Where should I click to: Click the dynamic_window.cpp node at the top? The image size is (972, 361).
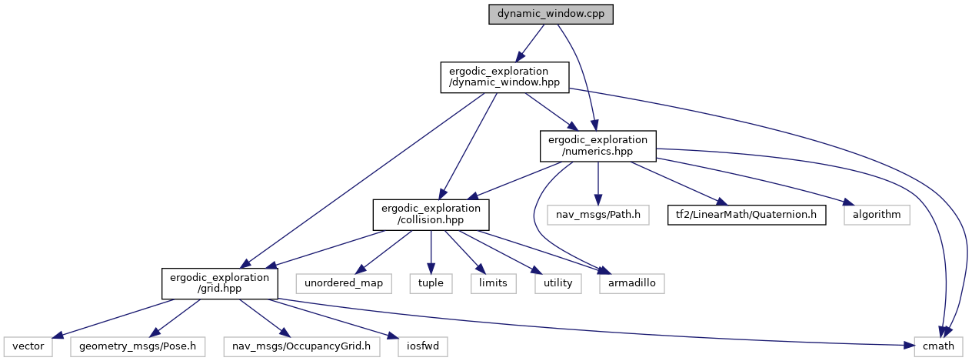[x=551, y=15]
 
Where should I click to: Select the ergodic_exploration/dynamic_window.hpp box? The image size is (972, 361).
[x=504, y=77]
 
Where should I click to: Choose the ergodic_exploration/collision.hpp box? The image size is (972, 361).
[x=431, y=215]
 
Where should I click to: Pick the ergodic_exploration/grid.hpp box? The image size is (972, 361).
[x=219, y=283]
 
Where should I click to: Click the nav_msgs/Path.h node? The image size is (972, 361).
[x=598, y=215]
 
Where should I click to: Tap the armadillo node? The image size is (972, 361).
[x=631, y=283]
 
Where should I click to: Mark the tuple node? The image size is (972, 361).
[x=431, y=283]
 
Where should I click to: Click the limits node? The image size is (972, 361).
[x=493, y=283]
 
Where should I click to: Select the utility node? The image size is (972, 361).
[x=558, y=283]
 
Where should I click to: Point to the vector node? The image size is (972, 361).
[x=27, y=346]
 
